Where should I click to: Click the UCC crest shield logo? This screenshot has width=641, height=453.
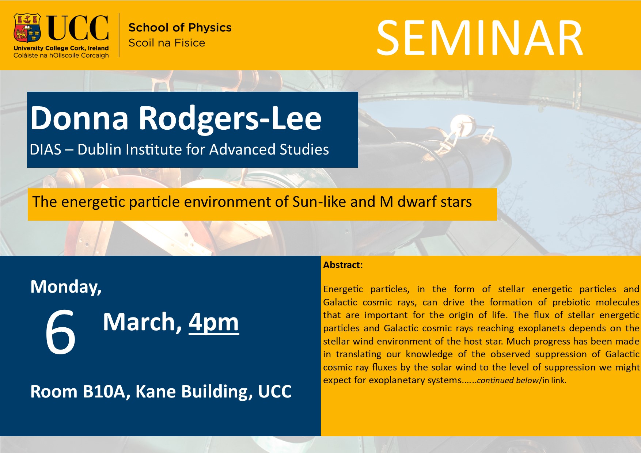(27, 28)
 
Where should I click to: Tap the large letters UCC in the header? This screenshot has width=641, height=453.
(78, 28)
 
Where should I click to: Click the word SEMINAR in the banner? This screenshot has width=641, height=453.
(479, 38)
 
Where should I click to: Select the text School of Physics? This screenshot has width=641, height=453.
(180, 27)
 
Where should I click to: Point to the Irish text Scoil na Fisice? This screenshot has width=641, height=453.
(167, 43)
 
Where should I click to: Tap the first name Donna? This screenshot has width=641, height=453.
(79, 118)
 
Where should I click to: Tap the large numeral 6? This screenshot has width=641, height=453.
(60, 331)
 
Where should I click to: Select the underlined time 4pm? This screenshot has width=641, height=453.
(214, 323)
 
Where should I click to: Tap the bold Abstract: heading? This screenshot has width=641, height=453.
(343, 265)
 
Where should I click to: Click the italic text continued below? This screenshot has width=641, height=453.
(508, 380)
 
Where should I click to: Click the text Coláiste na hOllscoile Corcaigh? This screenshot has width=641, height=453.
(61, 56)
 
